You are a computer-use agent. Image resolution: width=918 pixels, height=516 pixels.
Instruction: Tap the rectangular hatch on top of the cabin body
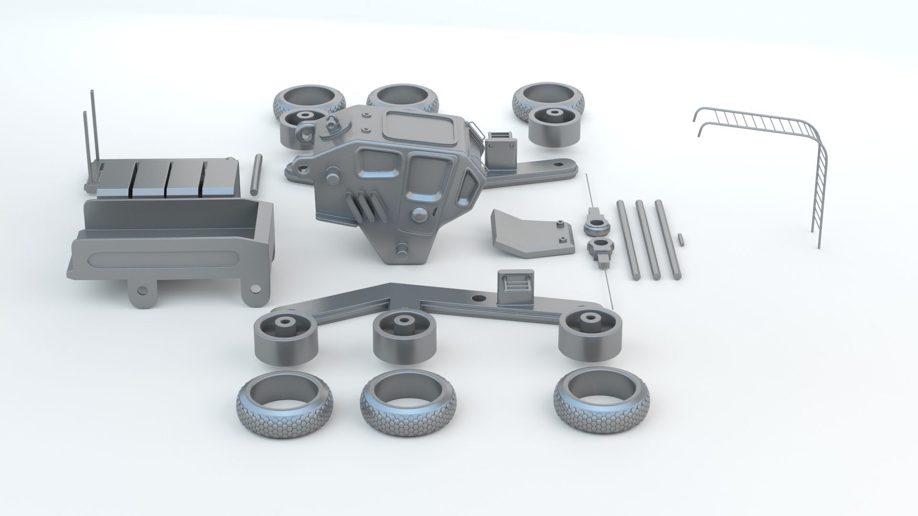click(x=418, y=127)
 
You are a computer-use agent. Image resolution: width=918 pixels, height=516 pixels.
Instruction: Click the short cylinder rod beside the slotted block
click(x=255, y=174)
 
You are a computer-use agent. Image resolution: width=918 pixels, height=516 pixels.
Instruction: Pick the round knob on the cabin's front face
click(x=421, y=215)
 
